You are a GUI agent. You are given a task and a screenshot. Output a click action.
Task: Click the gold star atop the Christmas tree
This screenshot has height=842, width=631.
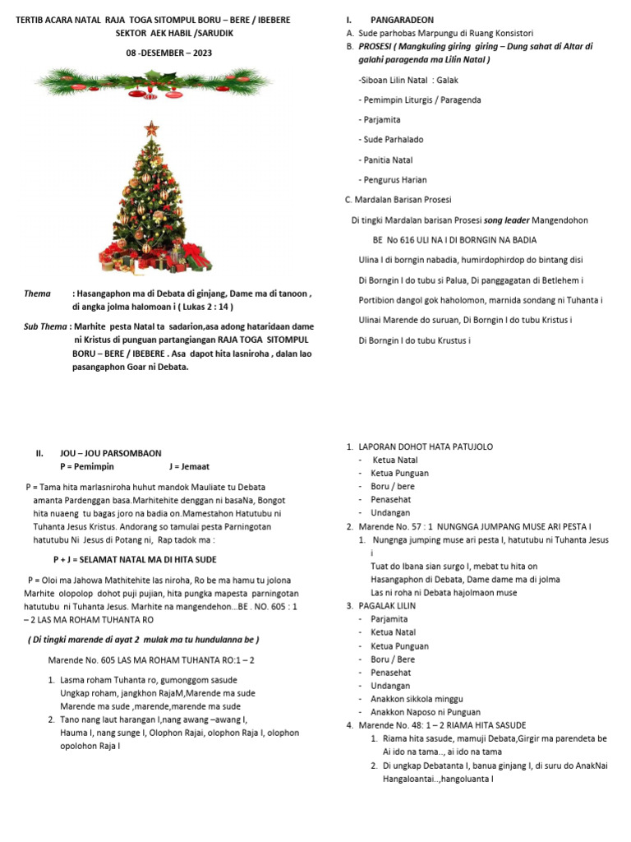coord(150,128)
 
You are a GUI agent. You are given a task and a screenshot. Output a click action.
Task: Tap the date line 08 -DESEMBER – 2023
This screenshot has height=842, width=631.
coord(157,53)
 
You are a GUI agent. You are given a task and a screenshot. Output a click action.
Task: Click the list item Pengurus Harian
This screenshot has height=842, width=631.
coord(393,179)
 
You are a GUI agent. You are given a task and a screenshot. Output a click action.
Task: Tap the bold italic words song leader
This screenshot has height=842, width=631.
coord(507,220)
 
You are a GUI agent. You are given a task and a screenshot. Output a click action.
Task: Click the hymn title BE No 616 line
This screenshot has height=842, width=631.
coord(454,239)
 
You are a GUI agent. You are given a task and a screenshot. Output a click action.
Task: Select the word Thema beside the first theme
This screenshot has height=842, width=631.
coord(37,294)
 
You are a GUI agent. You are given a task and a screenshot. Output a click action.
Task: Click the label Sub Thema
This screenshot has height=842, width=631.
coord(46,326)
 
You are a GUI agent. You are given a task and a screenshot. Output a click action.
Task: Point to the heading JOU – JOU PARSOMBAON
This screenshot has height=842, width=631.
coord(110,453)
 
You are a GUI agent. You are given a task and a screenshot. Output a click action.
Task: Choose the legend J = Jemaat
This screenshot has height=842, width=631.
coord(190,466)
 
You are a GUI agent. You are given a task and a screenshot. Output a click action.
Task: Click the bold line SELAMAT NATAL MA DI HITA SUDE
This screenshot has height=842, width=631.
coord(146,559)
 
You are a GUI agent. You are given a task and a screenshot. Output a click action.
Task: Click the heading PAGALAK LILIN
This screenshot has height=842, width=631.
coord(387,606)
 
